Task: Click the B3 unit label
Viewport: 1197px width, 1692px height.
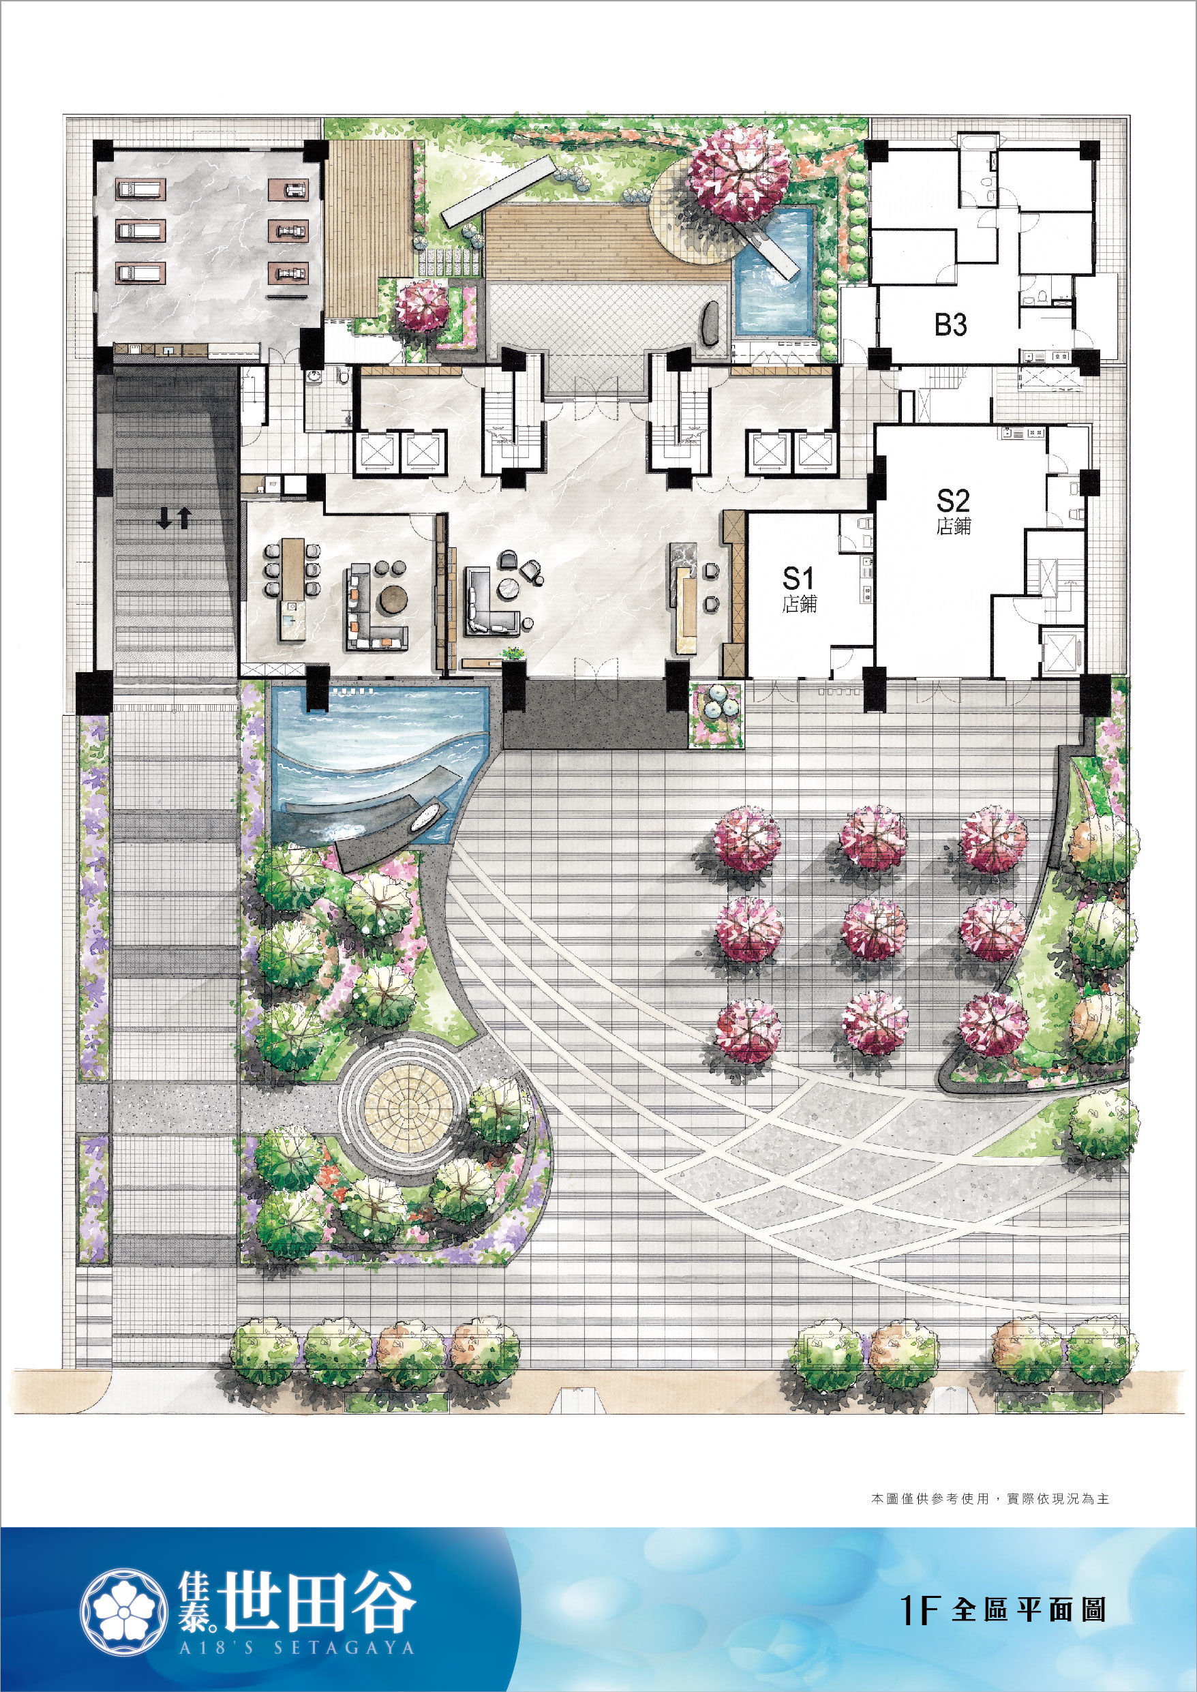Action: tap(951, 324)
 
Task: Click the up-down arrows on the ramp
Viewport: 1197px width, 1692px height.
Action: tap(175, 519)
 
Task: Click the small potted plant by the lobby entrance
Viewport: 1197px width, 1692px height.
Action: tap(512, 653)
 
